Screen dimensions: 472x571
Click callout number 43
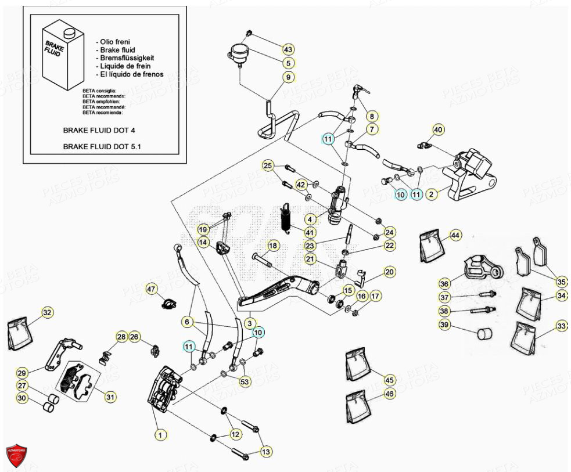click(x=289, y=49)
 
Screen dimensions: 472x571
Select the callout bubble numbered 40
click(x=439, y=129)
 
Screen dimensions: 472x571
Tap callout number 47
click(x=151, y=289)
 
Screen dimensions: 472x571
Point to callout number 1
click(x=160, y=434)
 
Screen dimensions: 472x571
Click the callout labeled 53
click(x=245, y=381)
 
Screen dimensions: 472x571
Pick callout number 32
click(x=47, y=313)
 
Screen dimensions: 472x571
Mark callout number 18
click(x=273, y=246)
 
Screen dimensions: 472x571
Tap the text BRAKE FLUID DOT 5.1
click(x=102, y=147)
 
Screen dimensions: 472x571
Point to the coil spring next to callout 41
click(x=286, y=219)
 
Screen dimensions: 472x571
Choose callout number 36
click(x=444, y=284)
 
